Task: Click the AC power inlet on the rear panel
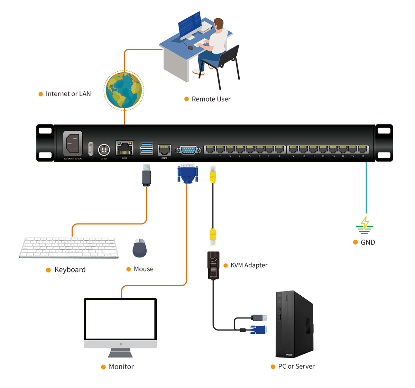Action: click(73, 144)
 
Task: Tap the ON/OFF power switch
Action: click(91, 148)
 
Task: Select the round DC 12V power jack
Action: click(104, 150)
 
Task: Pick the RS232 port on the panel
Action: click(164, 150)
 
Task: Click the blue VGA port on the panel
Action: click(188, 150)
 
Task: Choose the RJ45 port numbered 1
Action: click(210, 149)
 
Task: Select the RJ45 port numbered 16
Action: click(363, 149)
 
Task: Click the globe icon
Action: click(124, 90)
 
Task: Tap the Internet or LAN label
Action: click(68, 94)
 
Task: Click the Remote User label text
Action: click(211, 99)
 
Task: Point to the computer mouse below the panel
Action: click(140, 248)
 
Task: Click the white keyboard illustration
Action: click(69, 247)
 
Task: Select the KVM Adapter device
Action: click(213, 265)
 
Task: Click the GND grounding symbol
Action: click(365, 225)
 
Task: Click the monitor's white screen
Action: click(120, 319)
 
